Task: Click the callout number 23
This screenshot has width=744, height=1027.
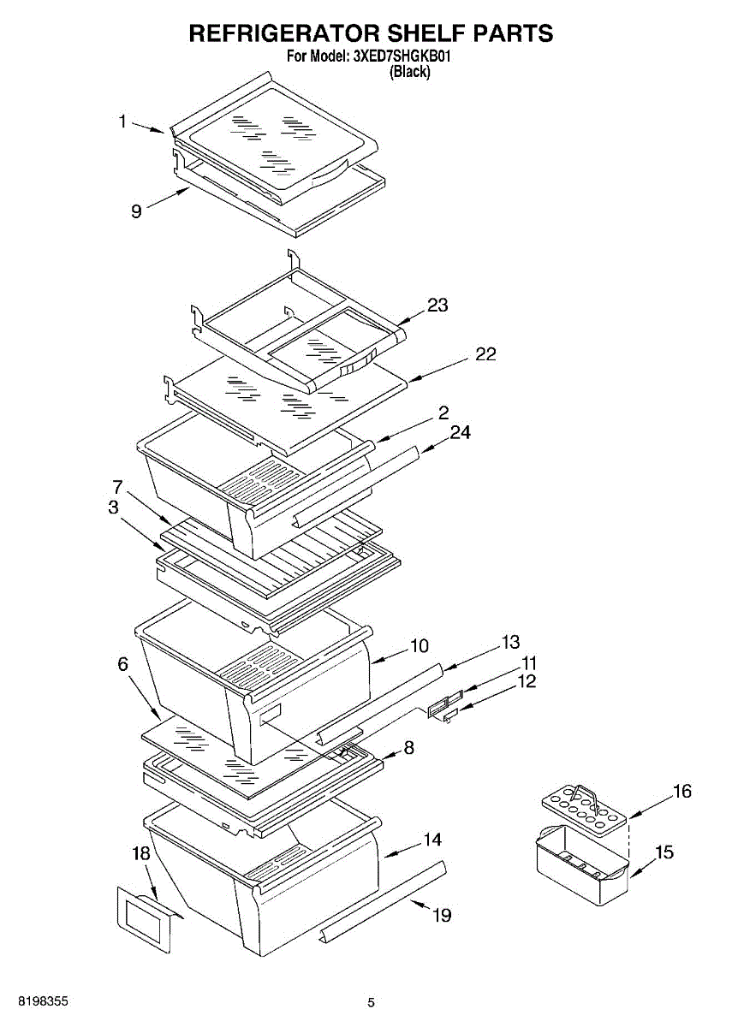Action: click(x=437, y=306)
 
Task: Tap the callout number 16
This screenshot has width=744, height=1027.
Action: click(x=682, y=792)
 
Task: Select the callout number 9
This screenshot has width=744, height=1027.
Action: click(x=136, y=211)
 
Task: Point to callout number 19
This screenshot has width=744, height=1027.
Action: click(x=441, y=916)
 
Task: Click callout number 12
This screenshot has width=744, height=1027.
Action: click(x=526, y=682)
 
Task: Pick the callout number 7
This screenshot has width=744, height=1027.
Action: click(x=117, y=487)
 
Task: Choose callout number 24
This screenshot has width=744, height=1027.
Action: click(x=460, y=433)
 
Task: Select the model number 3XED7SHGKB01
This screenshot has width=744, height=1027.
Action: click(x=402, y=58)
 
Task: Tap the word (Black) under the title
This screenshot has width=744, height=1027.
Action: click(x=409, y=73)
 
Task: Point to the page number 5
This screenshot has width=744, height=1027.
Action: click(x=371, y=1002)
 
